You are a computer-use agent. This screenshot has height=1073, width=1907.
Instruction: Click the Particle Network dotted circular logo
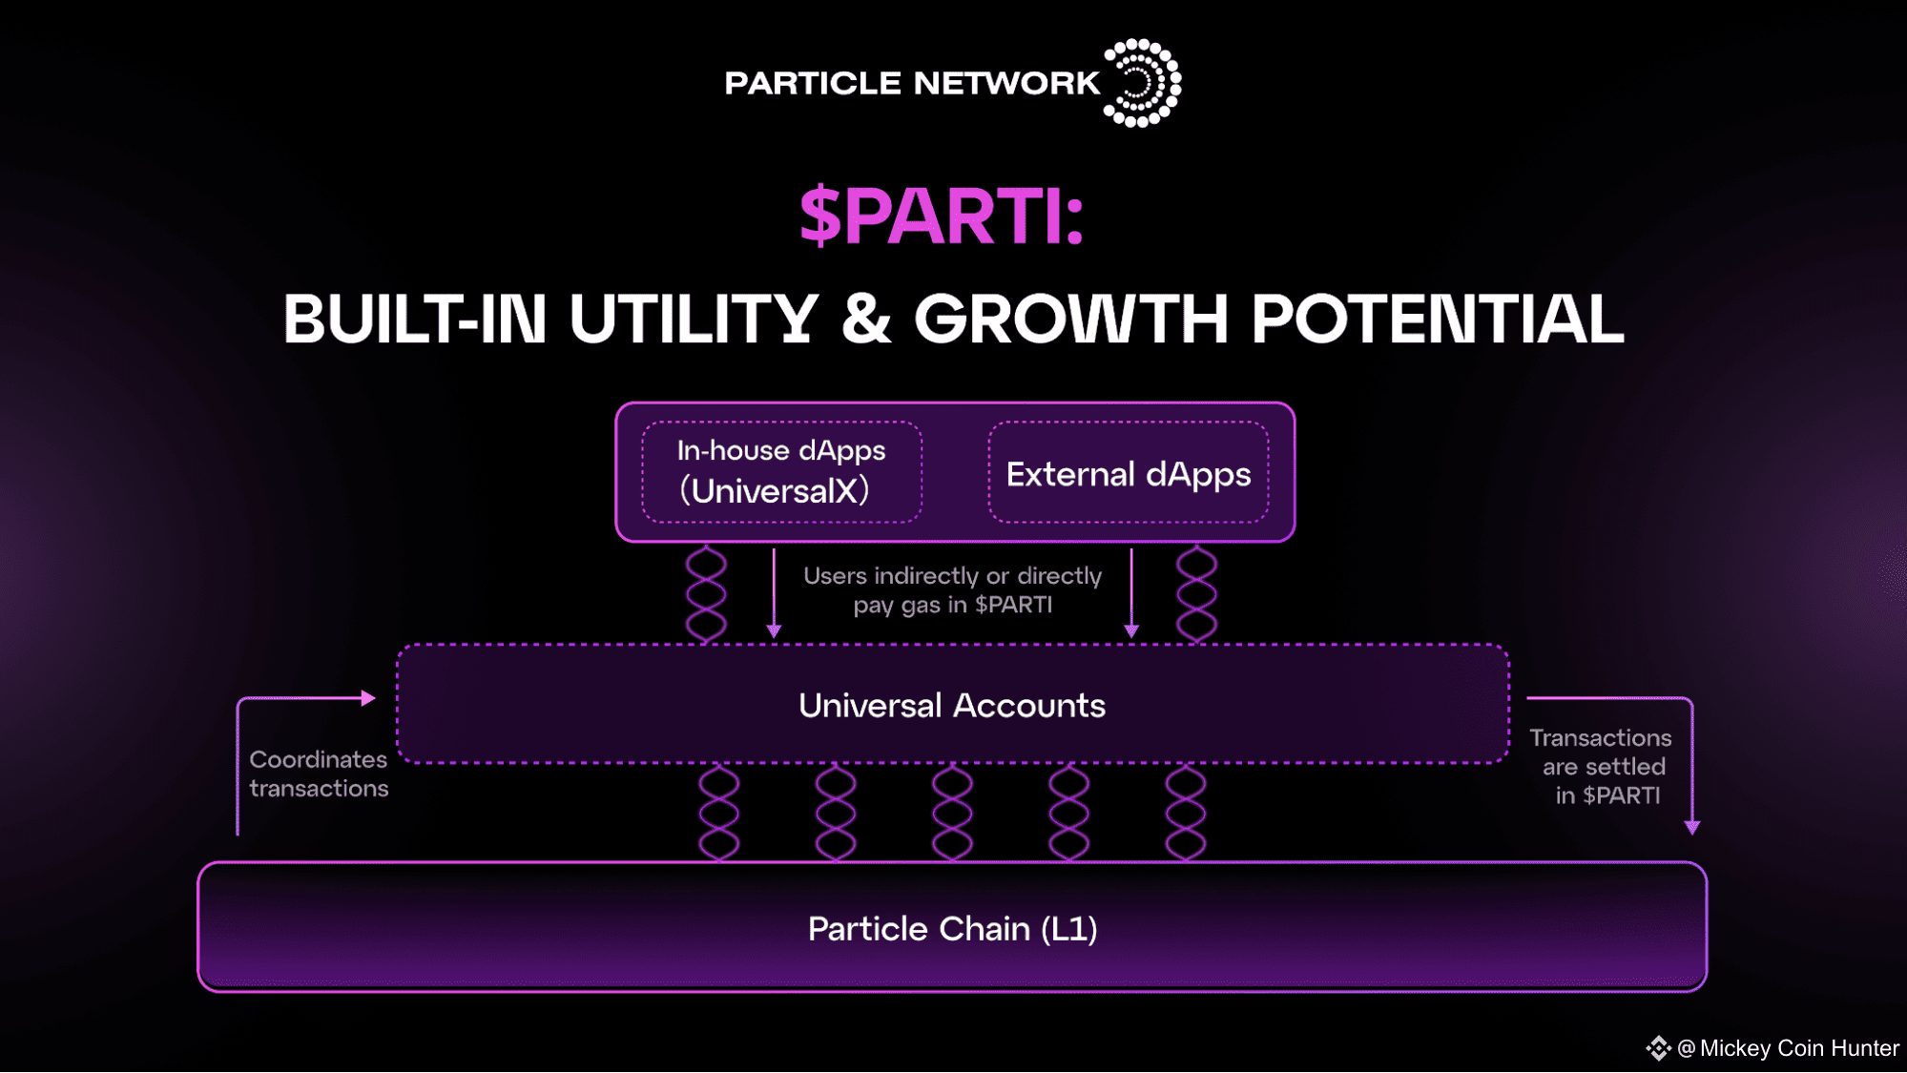(x=1142, y=83)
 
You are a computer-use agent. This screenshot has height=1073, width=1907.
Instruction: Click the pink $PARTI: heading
(x=942, y=217)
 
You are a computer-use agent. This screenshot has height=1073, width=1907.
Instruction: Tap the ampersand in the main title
(x=866, y=319)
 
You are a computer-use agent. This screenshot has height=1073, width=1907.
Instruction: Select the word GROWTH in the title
(x=1070, y=319)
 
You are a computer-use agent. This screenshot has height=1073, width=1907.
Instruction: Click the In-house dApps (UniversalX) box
(x=782, y=472)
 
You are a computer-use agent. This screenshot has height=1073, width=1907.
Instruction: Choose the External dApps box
(x=1129, y=472)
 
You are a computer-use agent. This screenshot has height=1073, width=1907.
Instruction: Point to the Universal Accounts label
(x=952, y=706)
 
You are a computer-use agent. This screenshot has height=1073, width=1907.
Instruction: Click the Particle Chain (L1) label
(x=952, y=929)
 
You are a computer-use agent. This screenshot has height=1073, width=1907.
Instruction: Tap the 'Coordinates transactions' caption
(x=319, y=774)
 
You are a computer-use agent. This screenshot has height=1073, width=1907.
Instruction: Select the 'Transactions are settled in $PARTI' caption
(x=1602, y=767)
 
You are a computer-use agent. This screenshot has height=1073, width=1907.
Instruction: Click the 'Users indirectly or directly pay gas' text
(x=952, y=590)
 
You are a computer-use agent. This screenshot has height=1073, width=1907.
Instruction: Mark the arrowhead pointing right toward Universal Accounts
(x=368, y=698)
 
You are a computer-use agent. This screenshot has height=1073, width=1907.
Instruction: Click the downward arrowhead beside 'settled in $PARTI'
(x=1692, y=828)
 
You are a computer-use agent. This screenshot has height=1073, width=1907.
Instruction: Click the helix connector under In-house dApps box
(x=706, y=593)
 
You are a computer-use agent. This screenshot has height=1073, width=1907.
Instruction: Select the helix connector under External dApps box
(x=1196, y=593)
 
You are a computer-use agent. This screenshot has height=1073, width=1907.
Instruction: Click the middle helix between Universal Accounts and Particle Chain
(x=952, y=813)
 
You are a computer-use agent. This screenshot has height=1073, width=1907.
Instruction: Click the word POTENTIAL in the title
(x=1438, y=319)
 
